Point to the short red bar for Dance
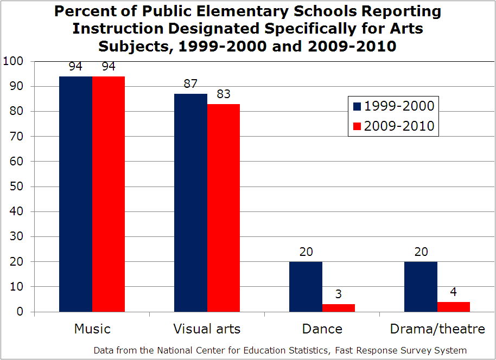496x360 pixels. pos(339,308)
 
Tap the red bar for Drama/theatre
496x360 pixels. pos(454,307)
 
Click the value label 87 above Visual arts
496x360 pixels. pos(190,84)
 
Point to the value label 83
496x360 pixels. pos(224,94)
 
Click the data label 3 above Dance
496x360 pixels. pos(339,294)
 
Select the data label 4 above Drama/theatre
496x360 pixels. pos(454,292)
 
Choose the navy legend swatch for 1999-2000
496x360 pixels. pos(357,106)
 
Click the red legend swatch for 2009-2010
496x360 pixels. pos(357,126)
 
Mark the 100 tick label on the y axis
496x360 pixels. pos(12,61)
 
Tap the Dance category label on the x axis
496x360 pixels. pos(322,329)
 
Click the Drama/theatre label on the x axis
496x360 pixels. pos(437,329)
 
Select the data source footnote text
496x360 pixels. pos(280,350)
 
